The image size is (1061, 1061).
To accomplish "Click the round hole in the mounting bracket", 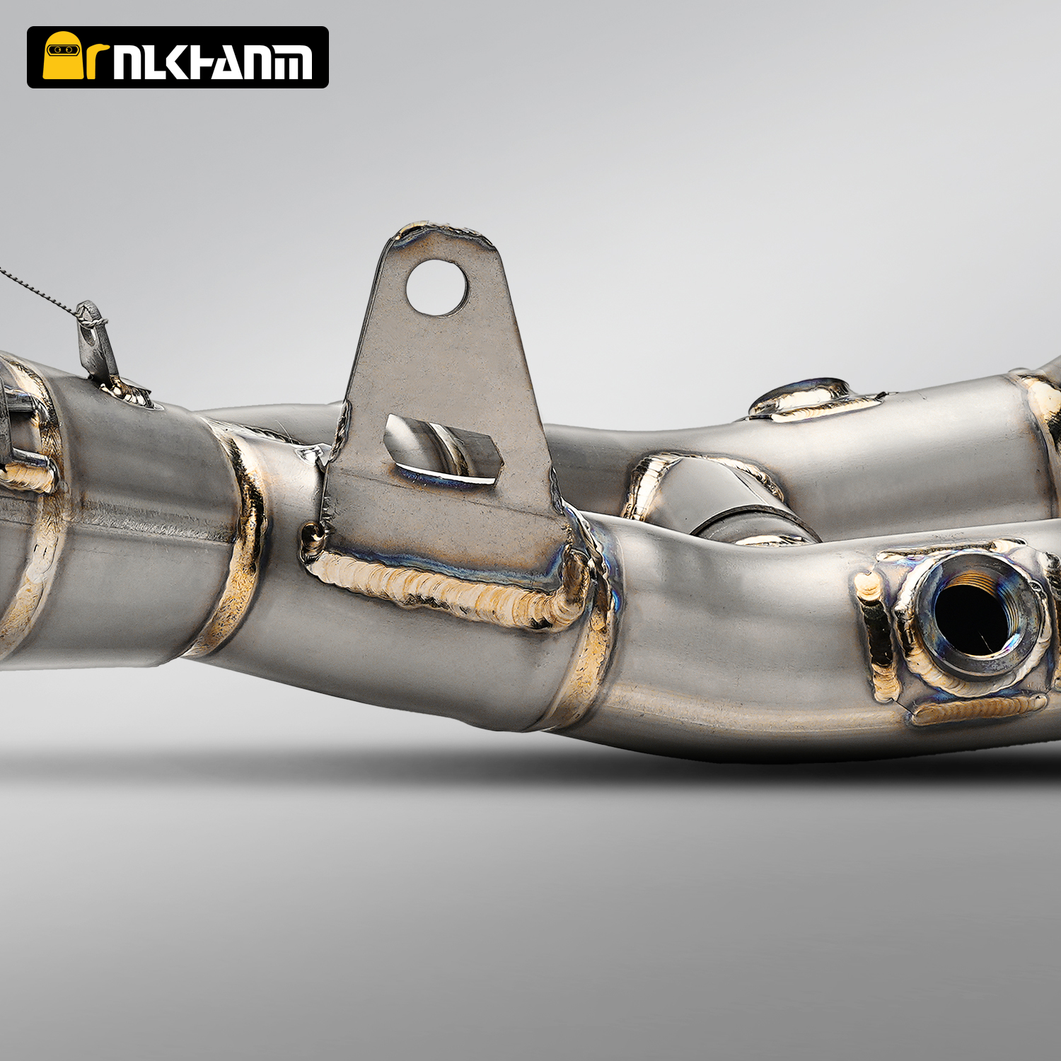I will click(437, 287).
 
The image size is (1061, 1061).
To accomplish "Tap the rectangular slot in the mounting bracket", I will click(443, 450).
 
